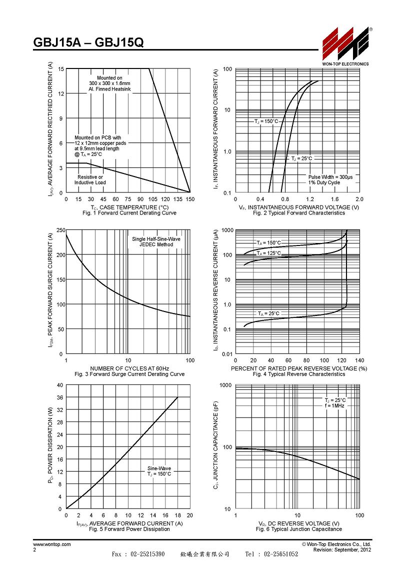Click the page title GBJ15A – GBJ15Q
[x=88, y=43]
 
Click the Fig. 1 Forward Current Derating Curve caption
[x=129, y=213]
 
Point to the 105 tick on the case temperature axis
[x=153, y=199]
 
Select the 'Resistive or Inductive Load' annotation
[x=90, y=180]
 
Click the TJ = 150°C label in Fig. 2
[x=265, y=121]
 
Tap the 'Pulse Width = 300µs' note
[x=330, y=177]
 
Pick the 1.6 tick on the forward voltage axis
[x=334, y=199]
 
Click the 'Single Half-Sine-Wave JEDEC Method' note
[x=156, y=241]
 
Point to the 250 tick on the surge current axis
[x=60, y=230]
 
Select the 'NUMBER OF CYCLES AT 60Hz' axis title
[x=129, y=368]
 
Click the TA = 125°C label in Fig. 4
[x=268, y=253]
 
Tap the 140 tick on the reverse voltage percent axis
[x=359, y=360]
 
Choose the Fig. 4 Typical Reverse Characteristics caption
[x=299, y=374]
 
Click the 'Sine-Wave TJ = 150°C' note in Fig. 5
[x=159, y=471]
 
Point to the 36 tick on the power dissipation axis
[x=59, y=397]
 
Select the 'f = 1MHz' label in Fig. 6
[x=334, y=406]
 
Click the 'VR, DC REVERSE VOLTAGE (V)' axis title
[x=299, y=523]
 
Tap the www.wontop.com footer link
[x=52, y=544]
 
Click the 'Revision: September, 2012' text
[x=342, y=549]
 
